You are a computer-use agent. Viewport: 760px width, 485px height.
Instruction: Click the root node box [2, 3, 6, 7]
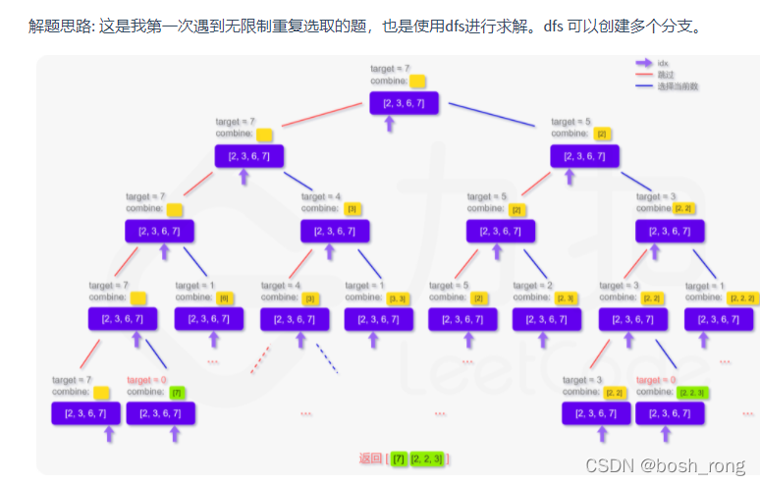tap(404, 102)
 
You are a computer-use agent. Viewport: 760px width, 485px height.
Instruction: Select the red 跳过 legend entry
tap(665, 74)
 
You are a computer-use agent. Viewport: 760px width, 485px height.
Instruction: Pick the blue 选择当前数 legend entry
tap(678, 86)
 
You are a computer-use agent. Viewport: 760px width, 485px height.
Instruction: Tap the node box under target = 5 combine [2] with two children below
tap(502, 231)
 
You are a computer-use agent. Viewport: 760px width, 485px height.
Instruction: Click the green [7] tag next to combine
tap(176, 393)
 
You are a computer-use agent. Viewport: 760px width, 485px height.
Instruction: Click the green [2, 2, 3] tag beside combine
tap(691, 393)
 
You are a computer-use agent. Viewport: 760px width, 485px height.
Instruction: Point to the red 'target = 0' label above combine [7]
tap(147, 380)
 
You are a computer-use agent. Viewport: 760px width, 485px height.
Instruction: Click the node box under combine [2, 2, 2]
tap(719, 319)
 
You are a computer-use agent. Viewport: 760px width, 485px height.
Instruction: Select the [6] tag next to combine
tap(224, 297)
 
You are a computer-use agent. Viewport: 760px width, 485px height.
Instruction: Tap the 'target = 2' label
tap(532, 285)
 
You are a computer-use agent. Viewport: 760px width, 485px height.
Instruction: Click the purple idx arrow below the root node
tap(389, 123)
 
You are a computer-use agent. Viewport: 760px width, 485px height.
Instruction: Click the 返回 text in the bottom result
tap(370, 458)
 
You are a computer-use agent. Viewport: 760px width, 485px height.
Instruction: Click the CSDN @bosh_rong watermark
tap(665, 463)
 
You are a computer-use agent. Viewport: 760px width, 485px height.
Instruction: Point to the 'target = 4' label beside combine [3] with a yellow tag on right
tap(321, 196)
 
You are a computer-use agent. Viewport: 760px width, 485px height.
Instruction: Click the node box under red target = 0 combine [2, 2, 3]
tap(670, 413)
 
